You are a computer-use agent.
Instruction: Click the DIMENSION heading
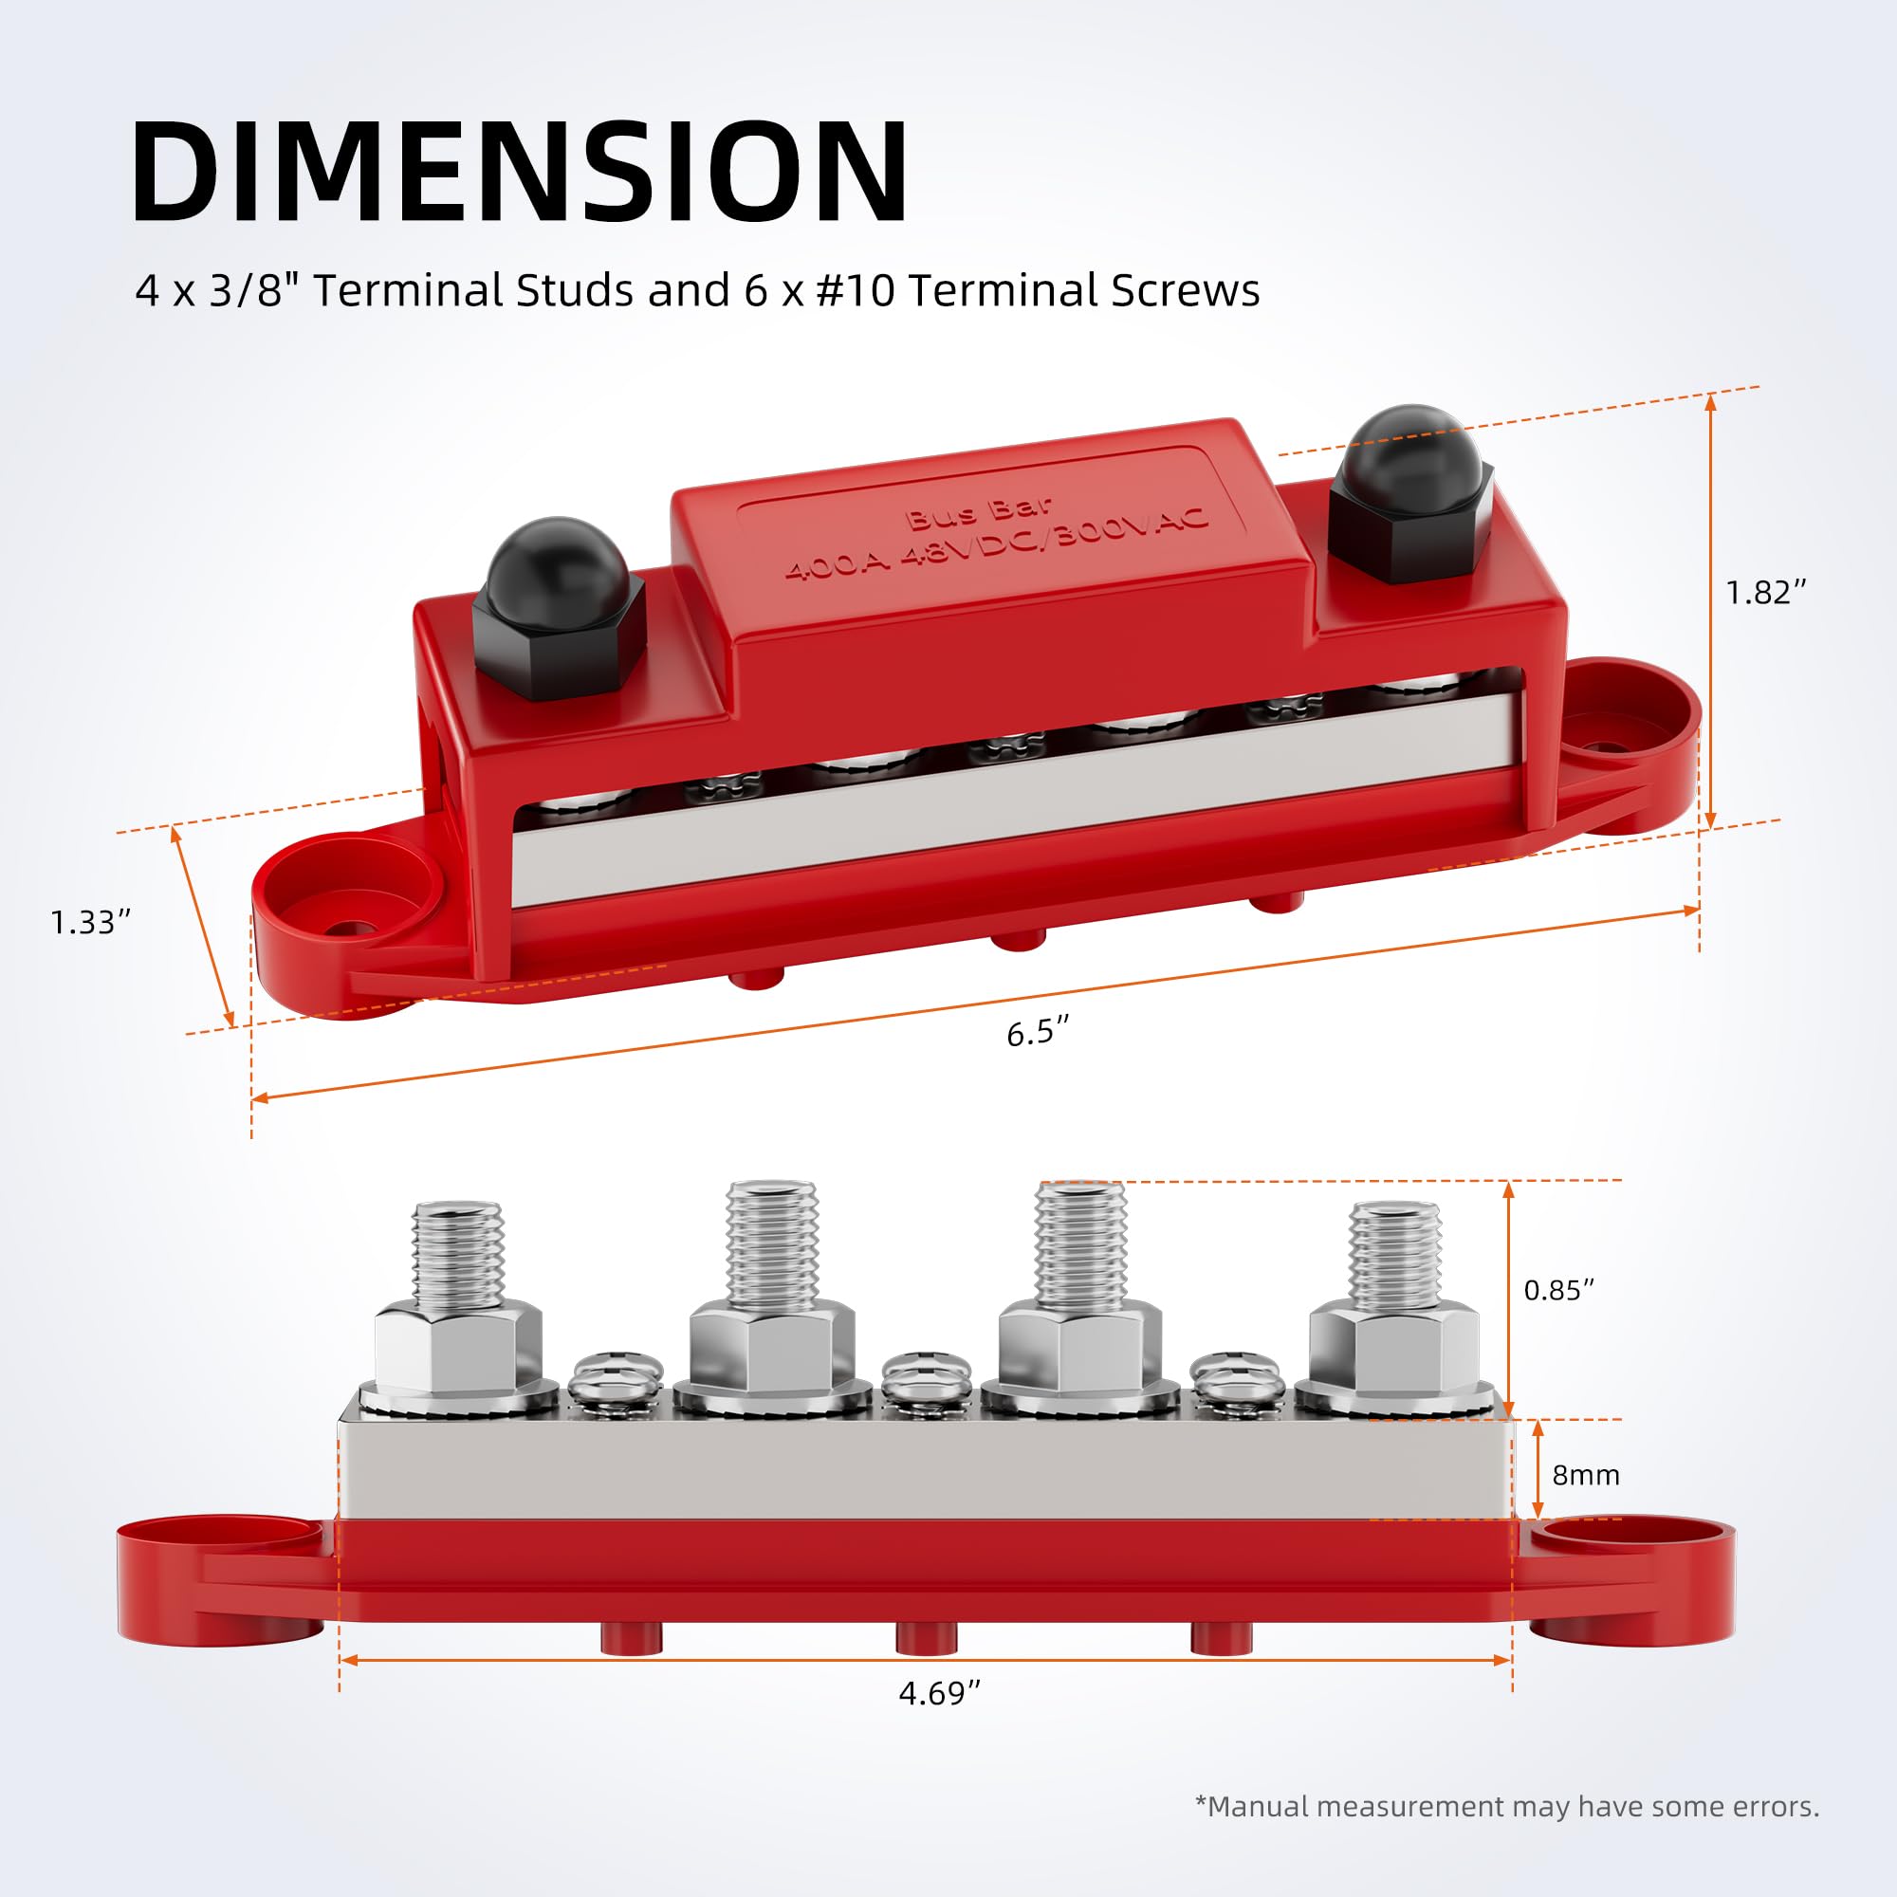[521, 173]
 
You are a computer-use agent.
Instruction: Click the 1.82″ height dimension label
[1765, 593]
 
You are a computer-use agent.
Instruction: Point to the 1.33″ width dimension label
[90, 923]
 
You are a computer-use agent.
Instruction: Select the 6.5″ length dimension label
[1037, 1033]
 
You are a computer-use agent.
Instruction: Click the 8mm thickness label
[1586, 1476]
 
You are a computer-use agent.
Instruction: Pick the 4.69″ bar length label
[940, 1694]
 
